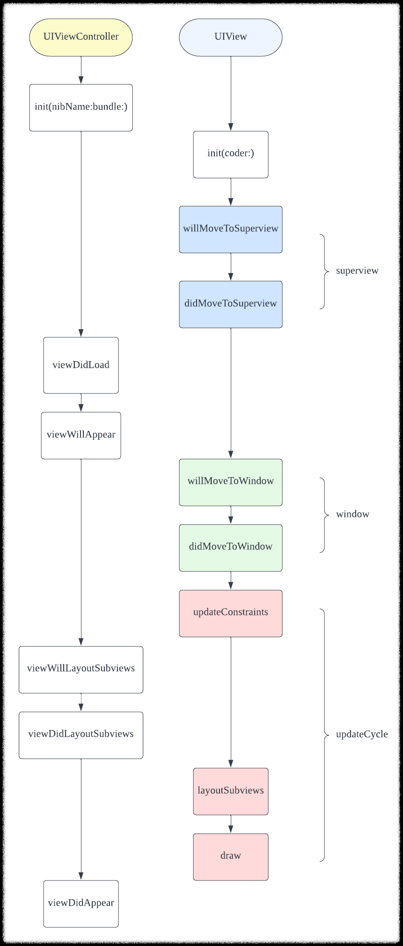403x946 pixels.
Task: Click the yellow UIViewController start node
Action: (81, 37)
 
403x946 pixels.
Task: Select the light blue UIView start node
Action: (230, 37)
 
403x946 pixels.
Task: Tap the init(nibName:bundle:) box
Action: (81, 107)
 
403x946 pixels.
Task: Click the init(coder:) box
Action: (230, 154)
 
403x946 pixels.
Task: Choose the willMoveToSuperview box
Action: (230, 229)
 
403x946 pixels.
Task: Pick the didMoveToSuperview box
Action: (230, 304)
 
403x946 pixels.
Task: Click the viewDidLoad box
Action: (81, 365)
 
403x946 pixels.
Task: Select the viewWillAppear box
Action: (81, 435)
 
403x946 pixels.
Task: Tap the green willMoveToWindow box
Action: (230, 482)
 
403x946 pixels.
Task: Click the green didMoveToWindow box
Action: (230, 547)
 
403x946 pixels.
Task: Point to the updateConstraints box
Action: (230, 613)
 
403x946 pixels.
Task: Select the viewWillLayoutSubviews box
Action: (81, 669)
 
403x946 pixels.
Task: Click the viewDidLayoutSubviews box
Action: (81, 735)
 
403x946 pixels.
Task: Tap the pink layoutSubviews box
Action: (230, 791)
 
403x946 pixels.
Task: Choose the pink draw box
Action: (230, 857)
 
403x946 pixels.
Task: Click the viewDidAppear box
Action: (81, 903)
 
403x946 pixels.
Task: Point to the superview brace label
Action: (357, 271)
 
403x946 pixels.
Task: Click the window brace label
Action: (352, 514)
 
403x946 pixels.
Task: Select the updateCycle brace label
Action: (361, 734)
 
